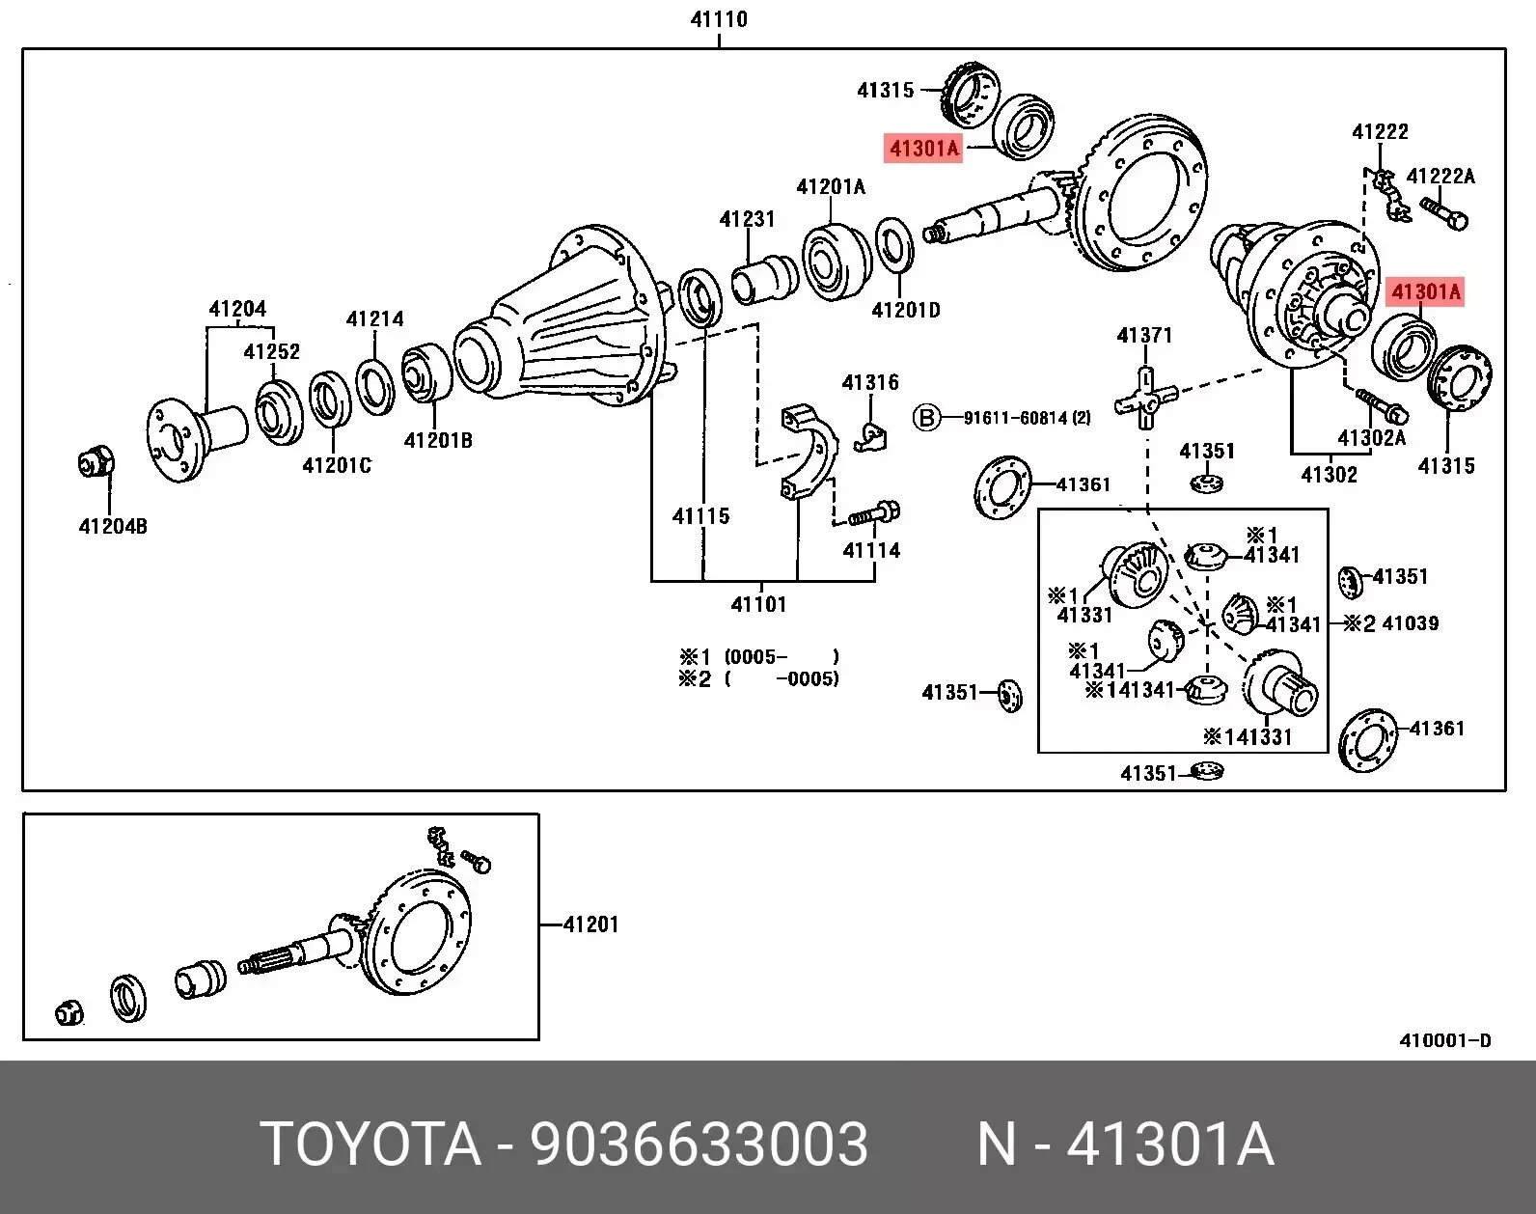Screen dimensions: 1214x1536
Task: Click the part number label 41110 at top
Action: click(719, 19)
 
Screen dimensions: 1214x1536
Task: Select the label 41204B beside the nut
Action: click(113, 527)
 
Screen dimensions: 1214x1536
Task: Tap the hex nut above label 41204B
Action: click(96, 464)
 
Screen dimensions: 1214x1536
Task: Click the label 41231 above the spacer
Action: click(747, 219)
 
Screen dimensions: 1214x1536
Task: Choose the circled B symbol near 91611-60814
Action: click(926, 418)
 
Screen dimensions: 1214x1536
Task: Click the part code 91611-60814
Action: click(1026, 418)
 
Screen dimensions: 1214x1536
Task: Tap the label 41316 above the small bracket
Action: click(870, 383)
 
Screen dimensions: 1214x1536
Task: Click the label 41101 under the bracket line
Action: click(758, 605)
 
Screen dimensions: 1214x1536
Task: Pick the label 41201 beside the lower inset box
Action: click(590, 924)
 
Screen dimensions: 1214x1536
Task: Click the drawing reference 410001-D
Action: click(1444, 1040)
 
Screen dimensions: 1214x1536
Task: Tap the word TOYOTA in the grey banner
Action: click(370, 1145)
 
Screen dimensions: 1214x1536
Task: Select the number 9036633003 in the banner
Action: click(699, 1145)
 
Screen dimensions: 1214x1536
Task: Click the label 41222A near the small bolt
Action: click(1440, 177)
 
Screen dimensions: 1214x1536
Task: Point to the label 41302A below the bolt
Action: click(1371, 438)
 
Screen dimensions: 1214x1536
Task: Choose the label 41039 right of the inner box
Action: click(1410, 623)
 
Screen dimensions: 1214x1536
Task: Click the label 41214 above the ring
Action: click(375, 319)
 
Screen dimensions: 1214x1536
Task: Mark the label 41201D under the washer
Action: click(905, 311)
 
